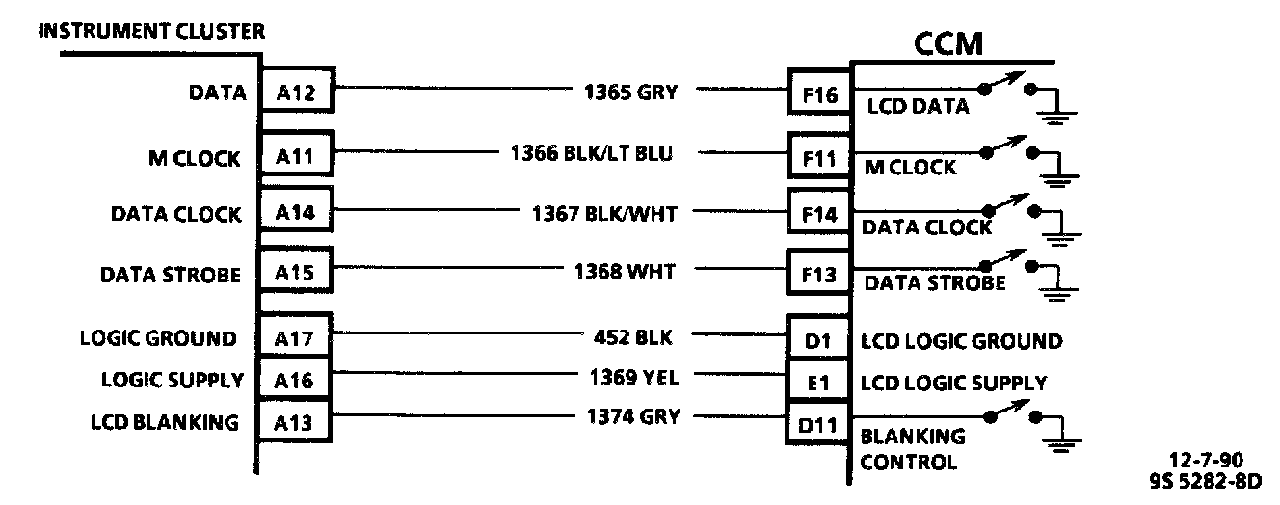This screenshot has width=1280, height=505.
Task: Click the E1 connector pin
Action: [x=818, y=383]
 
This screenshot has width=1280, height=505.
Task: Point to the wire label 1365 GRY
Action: [x=630, y=93]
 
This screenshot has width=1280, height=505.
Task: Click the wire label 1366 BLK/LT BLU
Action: [x=592, y=153]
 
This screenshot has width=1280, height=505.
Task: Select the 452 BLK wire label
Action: [x=633, y=337]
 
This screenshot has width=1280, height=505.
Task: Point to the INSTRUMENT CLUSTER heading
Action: [x=151, y=31]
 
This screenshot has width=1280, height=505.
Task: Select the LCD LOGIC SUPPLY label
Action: [x=952, y=383]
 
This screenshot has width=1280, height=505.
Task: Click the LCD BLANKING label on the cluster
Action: [x=165, y=421]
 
